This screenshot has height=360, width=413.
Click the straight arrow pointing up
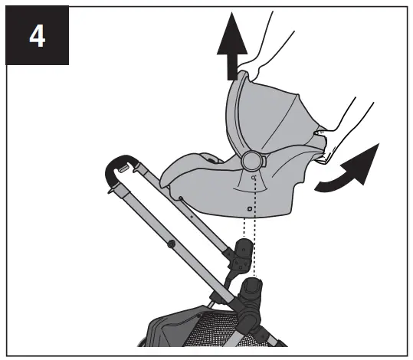pos(228,54)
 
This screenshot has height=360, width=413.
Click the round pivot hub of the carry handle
pos(251,160)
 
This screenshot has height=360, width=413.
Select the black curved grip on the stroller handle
pos(120,164)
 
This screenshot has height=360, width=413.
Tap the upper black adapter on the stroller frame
pos(244,254)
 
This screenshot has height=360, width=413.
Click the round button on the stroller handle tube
pos(169,244)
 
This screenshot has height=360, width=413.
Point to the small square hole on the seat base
pos(251,208)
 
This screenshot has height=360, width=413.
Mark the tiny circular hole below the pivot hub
pos(254,177)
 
